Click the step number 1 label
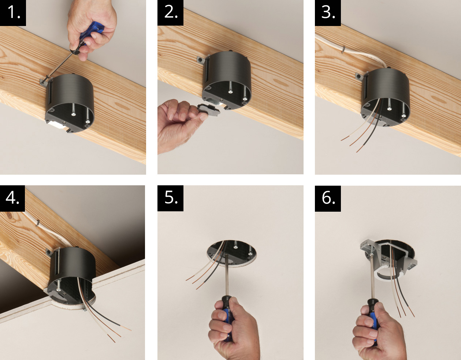(x=13, y=13)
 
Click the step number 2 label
(x=170, y=13)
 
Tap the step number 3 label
(x=328, y=13)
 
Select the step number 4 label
(x=12, y=198)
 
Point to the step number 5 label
(x=170, y=198)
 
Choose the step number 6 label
(x=328, y=198)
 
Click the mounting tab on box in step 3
(x=359, y=77)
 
